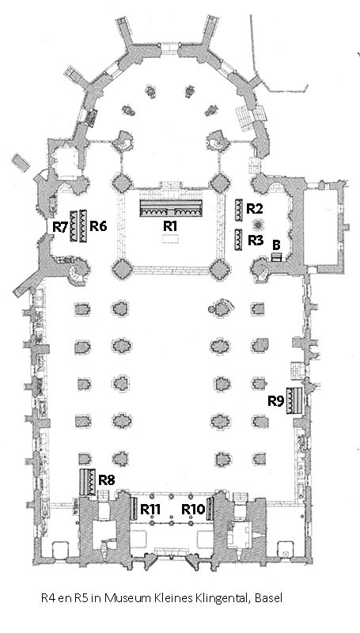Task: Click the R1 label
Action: (170, 226)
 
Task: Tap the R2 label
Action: (255, 209)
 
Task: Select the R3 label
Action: (256, 241)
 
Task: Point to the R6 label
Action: (98, 226)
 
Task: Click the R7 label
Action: (61, 228)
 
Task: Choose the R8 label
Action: (107, 480)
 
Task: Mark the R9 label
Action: (276, 401)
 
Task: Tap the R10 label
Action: (193, 510)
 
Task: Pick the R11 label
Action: (150, 510)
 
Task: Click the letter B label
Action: (277, 244)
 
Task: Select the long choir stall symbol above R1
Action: (171, 208)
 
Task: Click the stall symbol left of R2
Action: (238, 210)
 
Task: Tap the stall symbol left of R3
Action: (238, 241)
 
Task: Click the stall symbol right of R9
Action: (294, 400)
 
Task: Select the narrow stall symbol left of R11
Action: (132, 509)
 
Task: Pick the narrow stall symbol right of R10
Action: (210, 509)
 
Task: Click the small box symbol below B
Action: (277, 256)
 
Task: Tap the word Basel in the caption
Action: (269, 598)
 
